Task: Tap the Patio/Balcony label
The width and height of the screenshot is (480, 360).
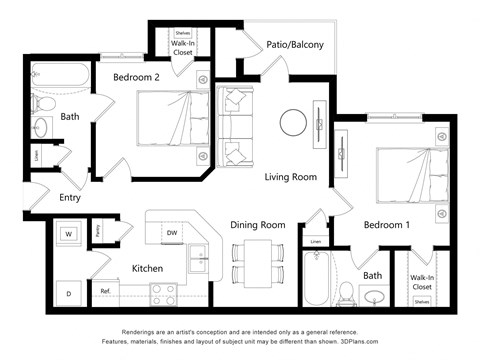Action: tap(293, 44)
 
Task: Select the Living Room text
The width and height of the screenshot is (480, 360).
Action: tap(290, 177)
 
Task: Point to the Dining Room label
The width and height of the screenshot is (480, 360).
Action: tap(258, 225)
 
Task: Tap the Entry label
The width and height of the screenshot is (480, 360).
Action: tap(69, 197)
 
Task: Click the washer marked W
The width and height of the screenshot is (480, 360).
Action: tap(69, 235)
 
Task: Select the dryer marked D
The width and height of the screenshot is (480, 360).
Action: tap(69, 293)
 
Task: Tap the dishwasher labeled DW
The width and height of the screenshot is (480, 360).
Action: tap(172, 233)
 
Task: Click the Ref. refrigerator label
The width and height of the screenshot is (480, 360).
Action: tap(105, 292)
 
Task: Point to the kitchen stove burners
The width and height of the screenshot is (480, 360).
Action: tap(163, 293)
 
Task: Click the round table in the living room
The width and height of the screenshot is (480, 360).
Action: tap(293, 123)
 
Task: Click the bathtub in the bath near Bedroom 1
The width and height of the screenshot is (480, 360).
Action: tap(318, 277)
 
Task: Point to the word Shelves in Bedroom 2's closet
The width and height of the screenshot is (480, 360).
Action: tap(183, 33)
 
